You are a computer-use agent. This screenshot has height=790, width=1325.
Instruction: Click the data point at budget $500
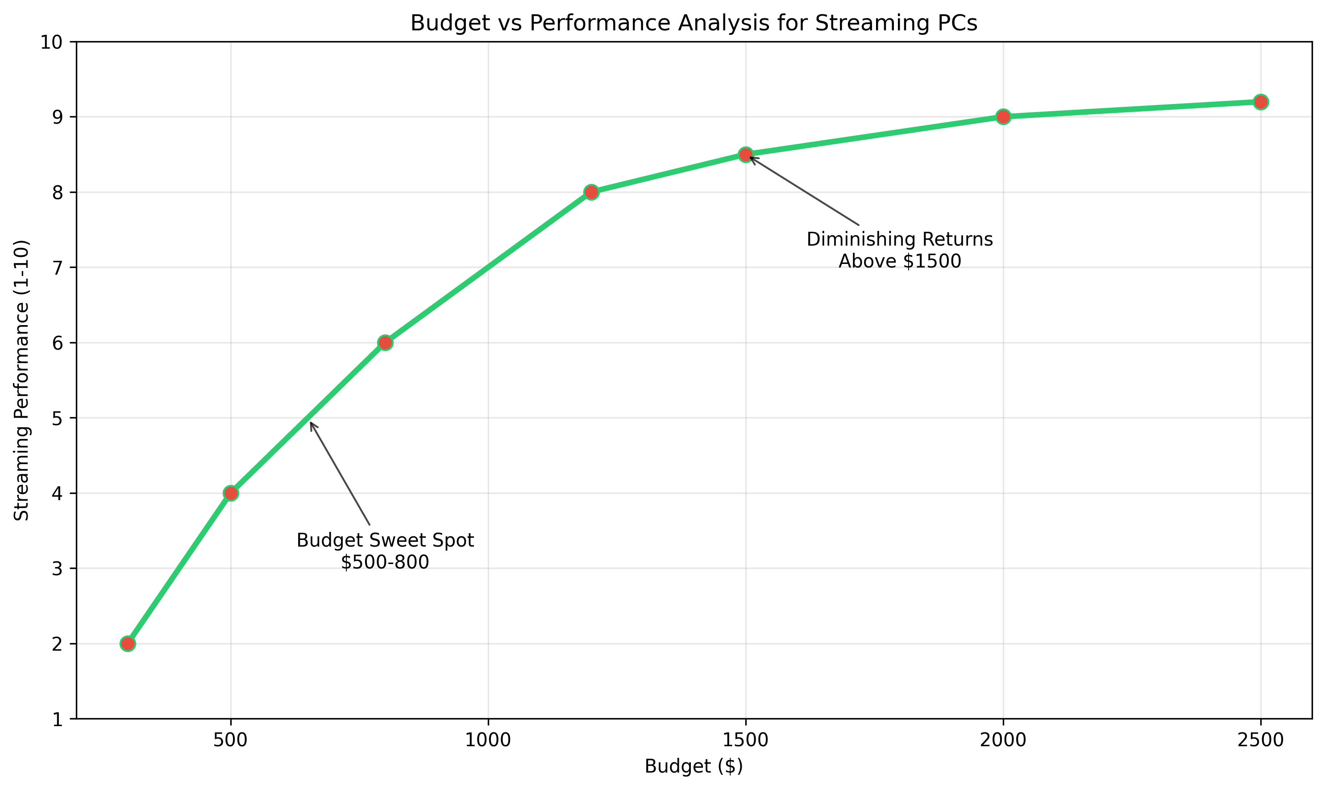pyautogui.click(x=230, y=493)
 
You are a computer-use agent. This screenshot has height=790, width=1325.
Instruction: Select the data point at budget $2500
pyautogui.click(x=1260, y=102)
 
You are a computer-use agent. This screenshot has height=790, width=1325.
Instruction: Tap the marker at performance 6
pyautogui.click(x=385, y=342)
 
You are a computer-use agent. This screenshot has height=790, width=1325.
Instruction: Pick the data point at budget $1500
pyautogui.click(x=746, y=155)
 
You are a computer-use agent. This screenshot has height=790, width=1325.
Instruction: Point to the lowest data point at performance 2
pyautogui.click(x=128, y=644)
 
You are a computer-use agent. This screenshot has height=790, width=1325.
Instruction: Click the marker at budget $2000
pyautogui.click(x=1003, y=117)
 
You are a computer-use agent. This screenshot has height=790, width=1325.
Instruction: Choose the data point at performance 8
pyautogui.click(x=591, y=192)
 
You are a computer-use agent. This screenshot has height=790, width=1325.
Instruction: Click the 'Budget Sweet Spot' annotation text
pyautogui.click(x=385, y=540)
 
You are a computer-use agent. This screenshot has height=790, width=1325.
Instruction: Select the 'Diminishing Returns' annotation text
pyautogui.click(x=899, y=239)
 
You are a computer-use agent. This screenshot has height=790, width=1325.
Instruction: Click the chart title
pyautogui.click(x=694, y=23)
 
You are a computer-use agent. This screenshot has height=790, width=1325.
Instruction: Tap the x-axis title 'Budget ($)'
pyautogui.click(x=694, y=766)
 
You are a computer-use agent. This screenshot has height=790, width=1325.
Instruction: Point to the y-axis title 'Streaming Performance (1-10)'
pyautogui.click(x=22, y=380)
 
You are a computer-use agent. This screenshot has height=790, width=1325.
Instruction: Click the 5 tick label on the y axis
pyautogui.click(x=57, y=418)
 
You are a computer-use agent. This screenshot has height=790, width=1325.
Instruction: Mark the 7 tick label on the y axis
pyautogui.click(x=57, y=268)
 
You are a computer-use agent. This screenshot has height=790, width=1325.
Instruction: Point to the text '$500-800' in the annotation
pyautogui.click(x=385, y=563)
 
